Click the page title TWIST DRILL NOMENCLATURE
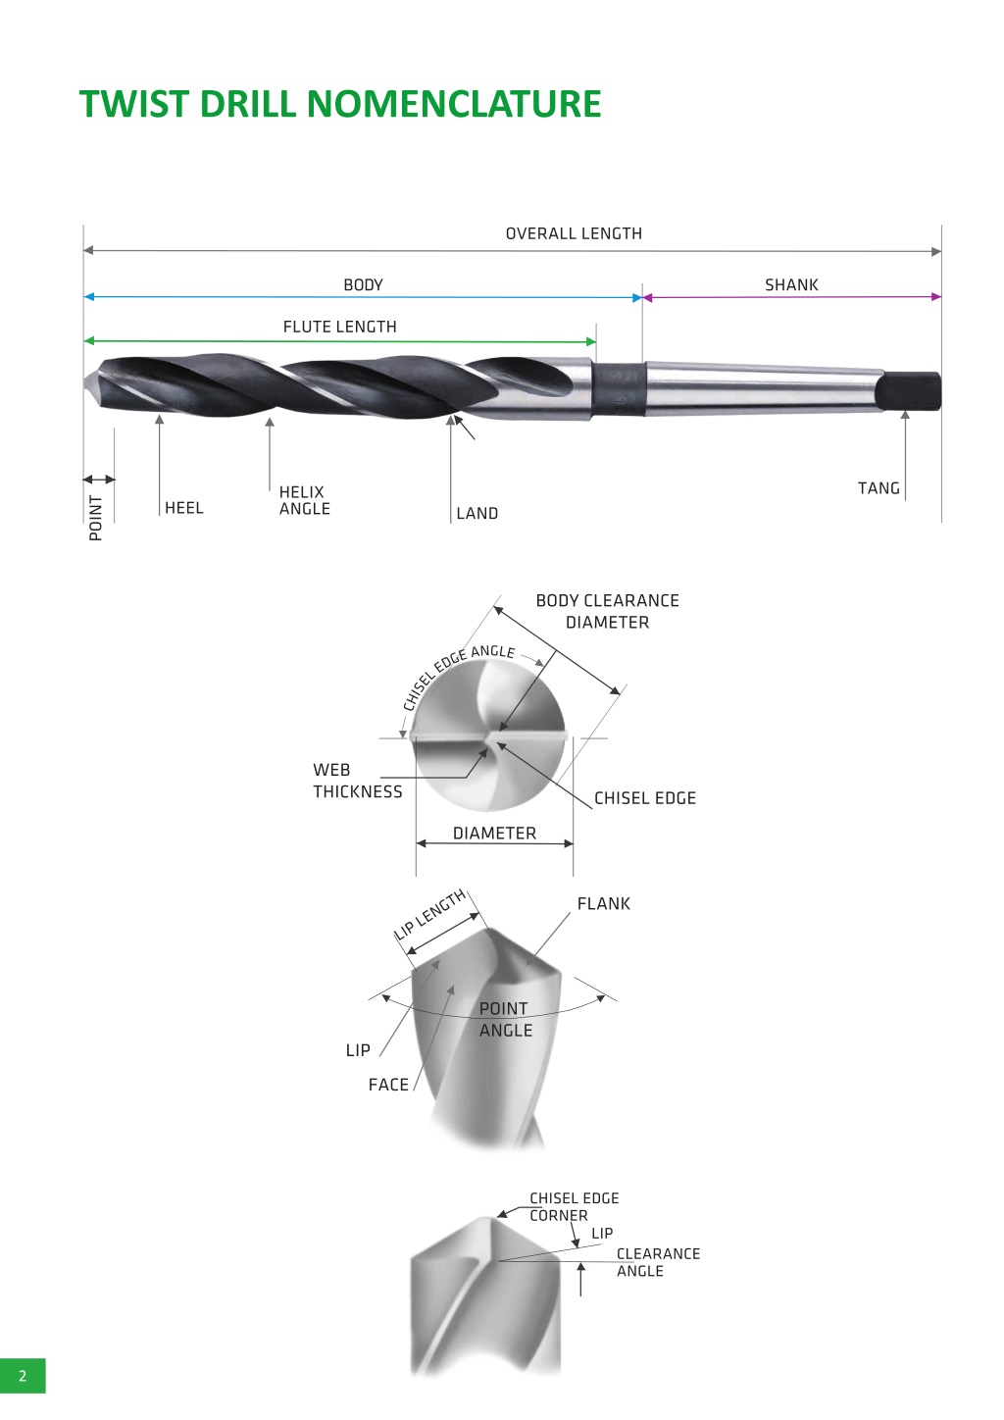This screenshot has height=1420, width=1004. click(340, 103)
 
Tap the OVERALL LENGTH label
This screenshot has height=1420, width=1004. click(574, 234)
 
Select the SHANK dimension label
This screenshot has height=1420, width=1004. click(791, 285)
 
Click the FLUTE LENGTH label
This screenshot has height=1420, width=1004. click(340, 328)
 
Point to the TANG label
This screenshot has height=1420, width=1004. click(878, 488)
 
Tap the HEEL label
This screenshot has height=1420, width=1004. click(183, 508)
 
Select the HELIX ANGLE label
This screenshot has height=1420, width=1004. click(304, 500)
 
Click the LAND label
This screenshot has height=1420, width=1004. click(477, 514)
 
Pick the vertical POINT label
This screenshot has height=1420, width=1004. click(95, 518)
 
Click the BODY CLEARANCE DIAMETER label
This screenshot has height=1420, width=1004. click(607, 611)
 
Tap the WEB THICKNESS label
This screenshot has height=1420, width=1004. click(358, 781)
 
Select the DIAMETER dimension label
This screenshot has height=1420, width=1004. click(494, 833)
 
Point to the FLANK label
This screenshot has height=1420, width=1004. click(603, 903)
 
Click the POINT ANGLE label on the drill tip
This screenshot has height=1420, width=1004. click(505, 1019)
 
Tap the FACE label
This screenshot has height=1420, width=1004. click(388, 1085)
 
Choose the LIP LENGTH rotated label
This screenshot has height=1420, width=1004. click(429, 915)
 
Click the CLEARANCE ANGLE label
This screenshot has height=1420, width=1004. click(658, 1262)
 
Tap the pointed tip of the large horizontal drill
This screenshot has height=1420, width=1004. click(85, 382)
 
